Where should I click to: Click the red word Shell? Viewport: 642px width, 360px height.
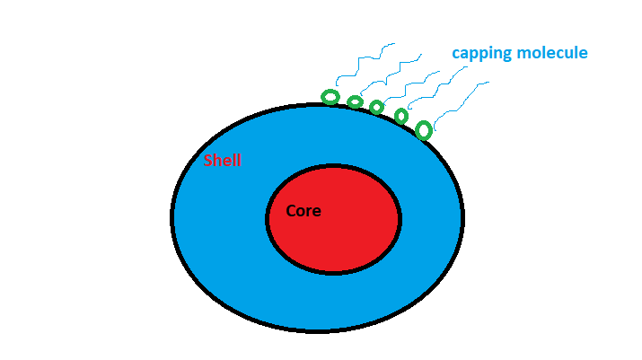(222, 162)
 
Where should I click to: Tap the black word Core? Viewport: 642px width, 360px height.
(303, 212)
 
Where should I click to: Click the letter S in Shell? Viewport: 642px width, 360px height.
(208, 162)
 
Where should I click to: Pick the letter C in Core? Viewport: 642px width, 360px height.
(291, 212)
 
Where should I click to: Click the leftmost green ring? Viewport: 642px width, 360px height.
(330, 97)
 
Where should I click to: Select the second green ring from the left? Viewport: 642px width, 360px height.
(355, 102)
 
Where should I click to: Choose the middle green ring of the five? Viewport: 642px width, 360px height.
(377, 108)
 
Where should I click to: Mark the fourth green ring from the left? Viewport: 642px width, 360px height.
(401, 116)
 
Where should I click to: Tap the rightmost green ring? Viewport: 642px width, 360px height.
(424, 130)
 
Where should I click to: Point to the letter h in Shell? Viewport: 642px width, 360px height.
(217, 162)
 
